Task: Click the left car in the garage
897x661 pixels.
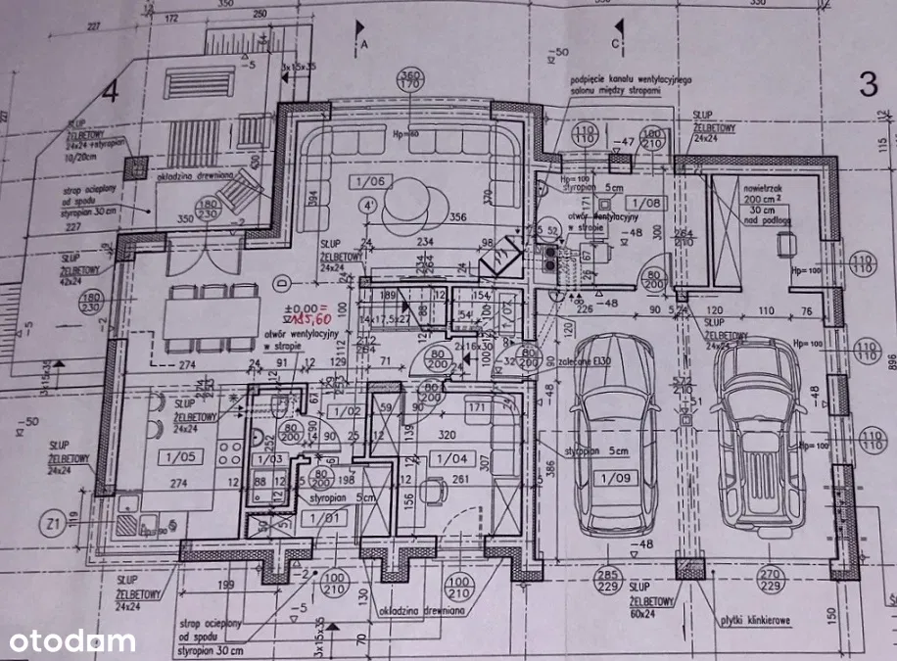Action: [x=614, y=431]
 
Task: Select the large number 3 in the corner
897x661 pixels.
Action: [x=868, y=84]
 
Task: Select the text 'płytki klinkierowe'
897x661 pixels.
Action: [x=753, y=620]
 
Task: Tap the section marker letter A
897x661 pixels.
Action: [x=363, y=45]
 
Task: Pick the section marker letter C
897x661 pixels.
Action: [x=616, y=44]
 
